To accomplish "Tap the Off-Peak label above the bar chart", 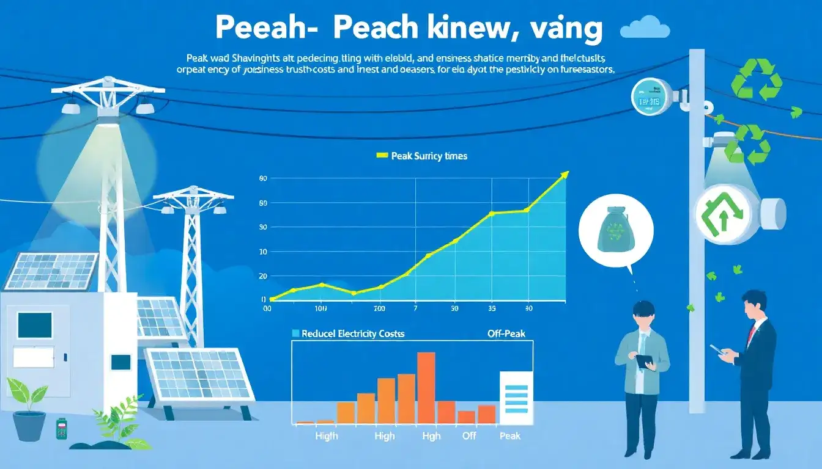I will pos(506,334).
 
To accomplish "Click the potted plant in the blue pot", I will pos(29,409).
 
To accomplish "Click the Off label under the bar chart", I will pos(469,436).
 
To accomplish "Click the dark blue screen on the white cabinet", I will pos(34,325).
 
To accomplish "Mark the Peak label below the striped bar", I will pos(509,436).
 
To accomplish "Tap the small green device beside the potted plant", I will pos(61,429).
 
